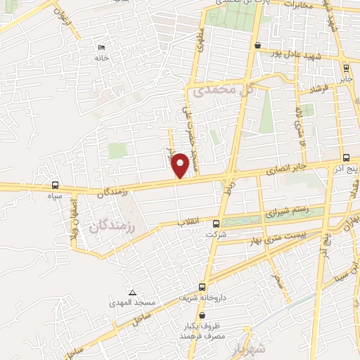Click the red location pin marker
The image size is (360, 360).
point(181,165)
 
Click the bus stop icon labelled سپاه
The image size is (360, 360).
point(55,186)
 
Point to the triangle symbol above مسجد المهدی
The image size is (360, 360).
point(131,292)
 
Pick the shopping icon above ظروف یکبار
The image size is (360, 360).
point(204,317)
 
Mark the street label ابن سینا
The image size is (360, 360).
point(345,271)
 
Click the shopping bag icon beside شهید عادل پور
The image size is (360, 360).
point(259,47)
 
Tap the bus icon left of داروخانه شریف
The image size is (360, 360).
point(202,287)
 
